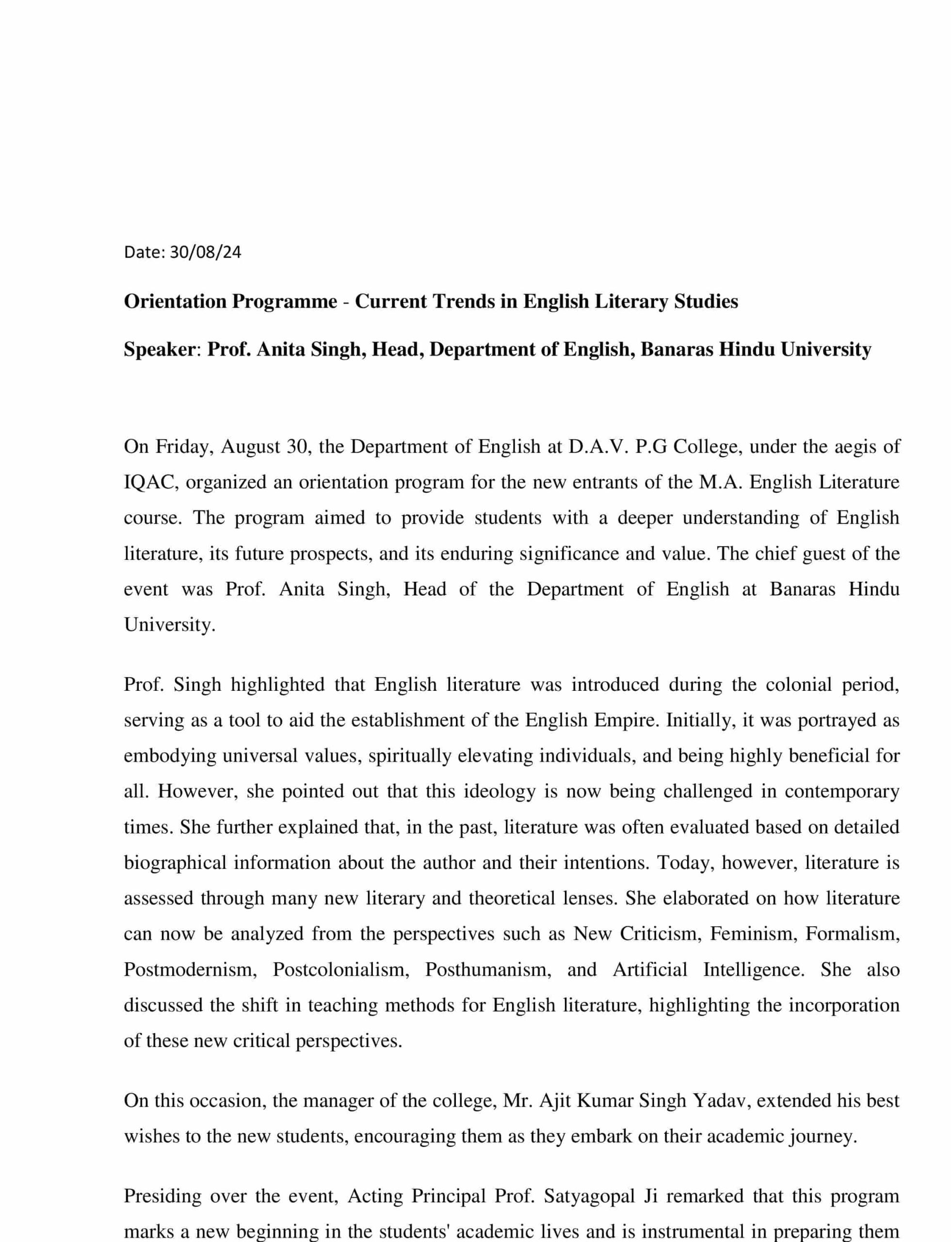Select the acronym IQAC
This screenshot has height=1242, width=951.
pos(151,483)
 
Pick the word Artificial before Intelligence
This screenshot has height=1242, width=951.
pos(650,970)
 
